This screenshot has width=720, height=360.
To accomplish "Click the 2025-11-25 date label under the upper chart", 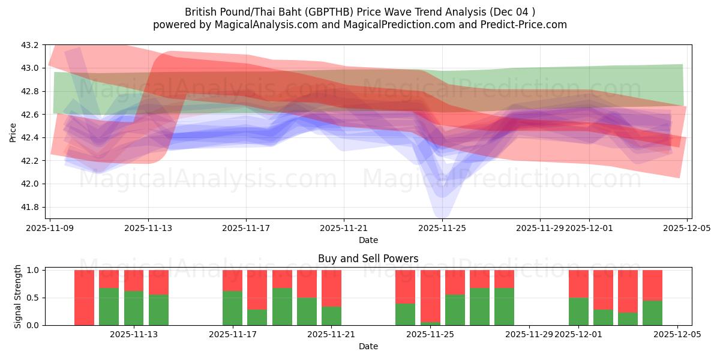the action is pos(442,228).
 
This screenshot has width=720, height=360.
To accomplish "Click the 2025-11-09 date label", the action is pos(51,228).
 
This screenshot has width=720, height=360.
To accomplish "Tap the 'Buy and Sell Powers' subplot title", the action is pos(368,259).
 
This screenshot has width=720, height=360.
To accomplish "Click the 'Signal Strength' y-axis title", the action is pos(18,296).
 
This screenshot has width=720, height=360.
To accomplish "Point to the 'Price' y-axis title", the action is pos(13,131).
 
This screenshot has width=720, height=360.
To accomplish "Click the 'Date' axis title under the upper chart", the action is pos(368,240).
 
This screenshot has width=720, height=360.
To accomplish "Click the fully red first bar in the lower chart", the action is pos(84,297).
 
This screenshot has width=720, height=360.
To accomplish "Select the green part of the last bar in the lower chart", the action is pos(652,313).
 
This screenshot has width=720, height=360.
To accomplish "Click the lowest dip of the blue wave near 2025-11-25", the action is pos(441,213).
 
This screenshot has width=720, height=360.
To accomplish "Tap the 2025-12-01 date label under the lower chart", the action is pos(578,335).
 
